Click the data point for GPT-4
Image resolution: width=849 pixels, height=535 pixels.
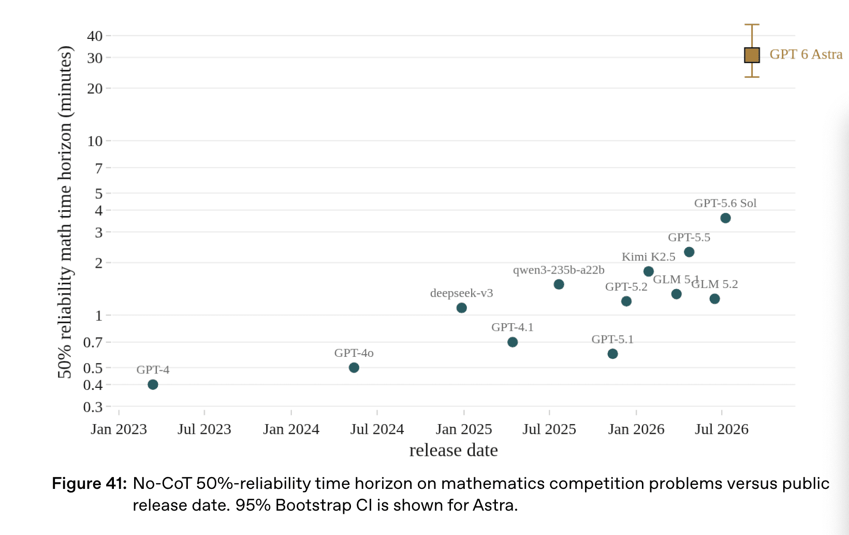click(x=153, y=384)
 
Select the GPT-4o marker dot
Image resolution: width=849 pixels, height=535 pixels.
click(x=354, y=367)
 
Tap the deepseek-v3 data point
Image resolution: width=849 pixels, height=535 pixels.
click(x=461, y=308)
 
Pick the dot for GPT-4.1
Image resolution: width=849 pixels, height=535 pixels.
click(x=513, y=342)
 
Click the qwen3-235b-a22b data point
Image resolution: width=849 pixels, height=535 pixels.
click(x=559, y=284)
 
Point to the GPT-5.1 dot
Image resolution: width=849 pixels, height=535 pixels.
click(x=612, y=354)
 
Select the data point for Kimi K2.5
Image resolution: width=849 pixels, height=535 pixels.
click(x=649, y=271)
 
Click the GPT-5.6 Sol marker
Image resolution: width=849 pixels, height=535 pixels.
click(x=725, y=218)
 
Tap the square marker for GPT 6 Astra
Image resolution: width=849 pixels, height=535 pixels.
click(x=752, y=55)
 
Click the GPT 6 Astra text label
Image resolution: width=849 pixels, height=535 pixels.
click(x=806, y=54)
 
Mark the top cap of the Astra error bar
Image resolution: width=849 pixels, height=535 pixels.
click(x=752, y=25)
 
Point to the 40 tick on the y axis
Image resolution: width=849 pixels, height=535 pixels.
click(x=95, y=36)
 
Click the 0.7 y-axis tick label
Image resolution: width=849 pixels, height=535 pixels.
click(x=93, y=342)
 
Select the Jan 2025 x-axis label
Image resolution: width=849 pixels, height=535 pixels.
click(x=464, y=429)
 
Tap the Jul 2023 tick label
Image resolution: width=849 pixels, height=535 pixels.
click(x=204, y=429)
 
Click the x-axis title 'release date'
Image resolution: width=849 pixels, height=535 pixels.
click(x=453, y=450)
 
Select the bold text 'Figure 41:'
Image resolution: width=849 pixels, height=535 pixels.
click(x=89, y=483)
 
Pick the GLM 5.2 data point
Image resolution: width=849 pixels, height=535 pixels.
click(x=714, y=299)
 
